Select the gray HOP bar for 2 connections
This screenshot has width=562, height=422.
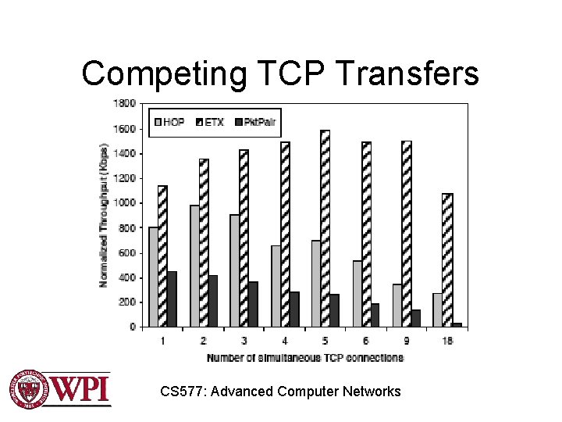pos(194,266)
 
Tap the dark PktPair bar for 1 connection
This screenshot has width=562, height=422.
pos(172,299)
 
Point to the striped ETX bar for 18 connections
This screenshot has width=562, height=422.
pos(447,259)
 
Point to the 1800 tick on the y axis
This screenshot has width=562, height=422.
pos(125,103)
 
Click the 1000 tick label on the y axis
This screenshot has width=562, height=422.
pos(125,202)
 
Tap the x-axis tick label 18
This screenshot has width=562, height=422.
pos(447,341)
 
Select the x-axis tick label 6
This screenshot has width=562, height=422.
pos(365,341)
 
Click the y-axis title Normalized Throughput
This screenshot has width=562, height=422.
pos(104,214)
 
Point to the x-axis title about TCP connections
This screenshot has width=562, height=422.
pos(305,357)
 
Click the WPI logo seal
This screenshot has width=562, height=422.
pos(28,388)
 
